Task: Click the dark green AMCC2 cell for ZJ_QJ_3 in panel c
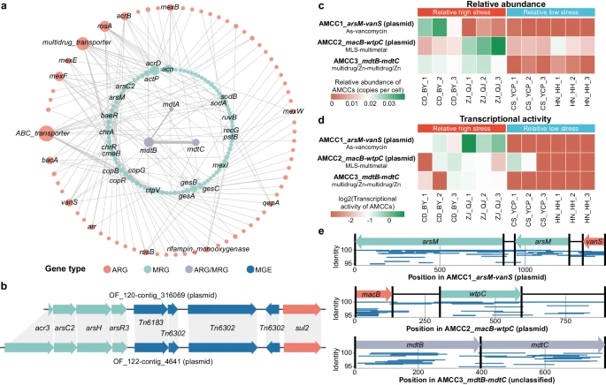coord(498,45)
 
